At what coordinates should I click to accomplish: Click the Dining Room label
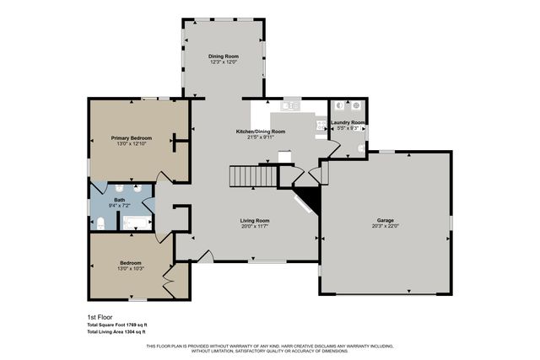tap(224, 56)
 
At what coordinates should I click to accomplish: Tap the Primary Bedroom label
tap(131, 137)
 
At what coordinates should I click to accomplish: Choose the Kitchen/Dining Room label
tap(260, 132)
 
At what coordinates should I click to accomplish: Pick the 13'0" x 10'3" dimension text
tap(130, 268)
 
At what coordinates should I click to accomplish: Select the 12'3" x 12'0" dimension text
tap(224, 62)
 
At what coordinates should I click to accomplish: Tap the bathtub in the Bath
tap(137, 223)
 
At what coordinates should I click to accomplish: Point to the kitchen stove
tap(321, 126)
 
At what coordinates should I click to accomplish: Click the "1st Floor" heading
tap(100, 317)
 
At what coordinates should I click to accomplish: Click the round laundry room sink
tap(360, 148)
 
